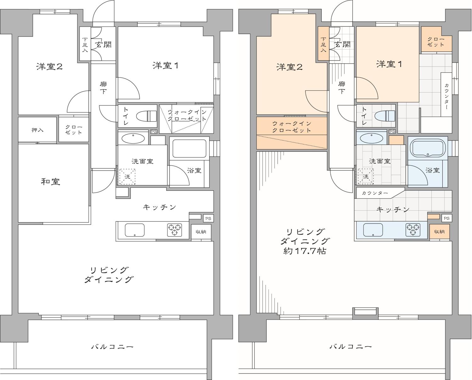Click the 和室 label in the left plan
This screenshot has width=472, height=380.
pos(51,182)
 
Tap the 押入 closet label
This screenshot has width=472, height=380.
pos(37,130)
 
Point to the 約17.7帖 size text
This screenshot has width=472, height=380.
pos(304,251)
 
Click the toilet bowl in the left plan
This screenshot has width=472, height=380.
pos(147,116)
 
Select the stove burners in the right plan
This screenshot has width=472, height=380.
pos(413,230)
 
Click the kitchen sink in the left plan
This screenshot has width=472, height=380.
pos(135,230)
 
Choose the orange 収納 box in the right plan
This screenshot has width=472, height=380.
pos(439,232)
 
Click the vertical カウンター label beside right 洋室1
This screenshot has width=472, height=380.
pos(447,94)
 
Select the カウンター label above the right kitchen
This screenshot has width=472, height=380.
pos(374,193)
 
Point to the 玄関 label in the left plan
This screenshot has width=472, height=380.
pos(104,45)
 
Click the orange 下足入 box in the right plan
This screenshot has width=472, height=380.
pos(323,44)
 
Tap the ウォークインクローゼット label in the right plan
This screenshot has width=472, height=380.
pos(291,127)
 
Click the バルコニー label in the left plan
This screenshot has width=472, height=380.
pos(112,347)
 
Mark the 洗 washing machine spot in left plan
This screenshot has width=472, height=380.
pos(127,177)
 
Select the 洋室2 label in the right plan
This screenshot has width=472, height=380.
pos(289,67)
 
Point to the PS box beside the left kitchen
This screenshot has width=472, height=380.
pos(208,218)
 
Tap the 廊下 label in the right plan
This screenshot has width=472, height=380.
pos(341,88)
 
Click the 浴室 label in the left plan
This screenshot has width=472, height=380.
pos(194,170)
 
